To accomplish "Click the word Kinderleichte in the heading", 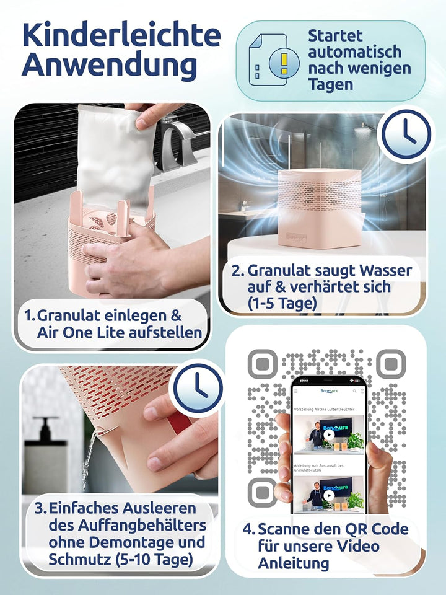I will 121,36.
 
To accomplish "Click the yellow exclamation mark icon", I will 284,61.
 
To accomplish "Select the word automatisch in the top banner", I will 355,51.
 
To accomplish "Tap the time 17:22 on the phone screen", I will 303,381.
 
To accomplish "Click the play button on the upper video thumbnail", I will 329,434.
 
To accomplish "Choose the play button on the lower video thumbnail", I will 329,498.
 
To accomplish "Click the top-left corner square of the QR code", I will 262,364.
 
